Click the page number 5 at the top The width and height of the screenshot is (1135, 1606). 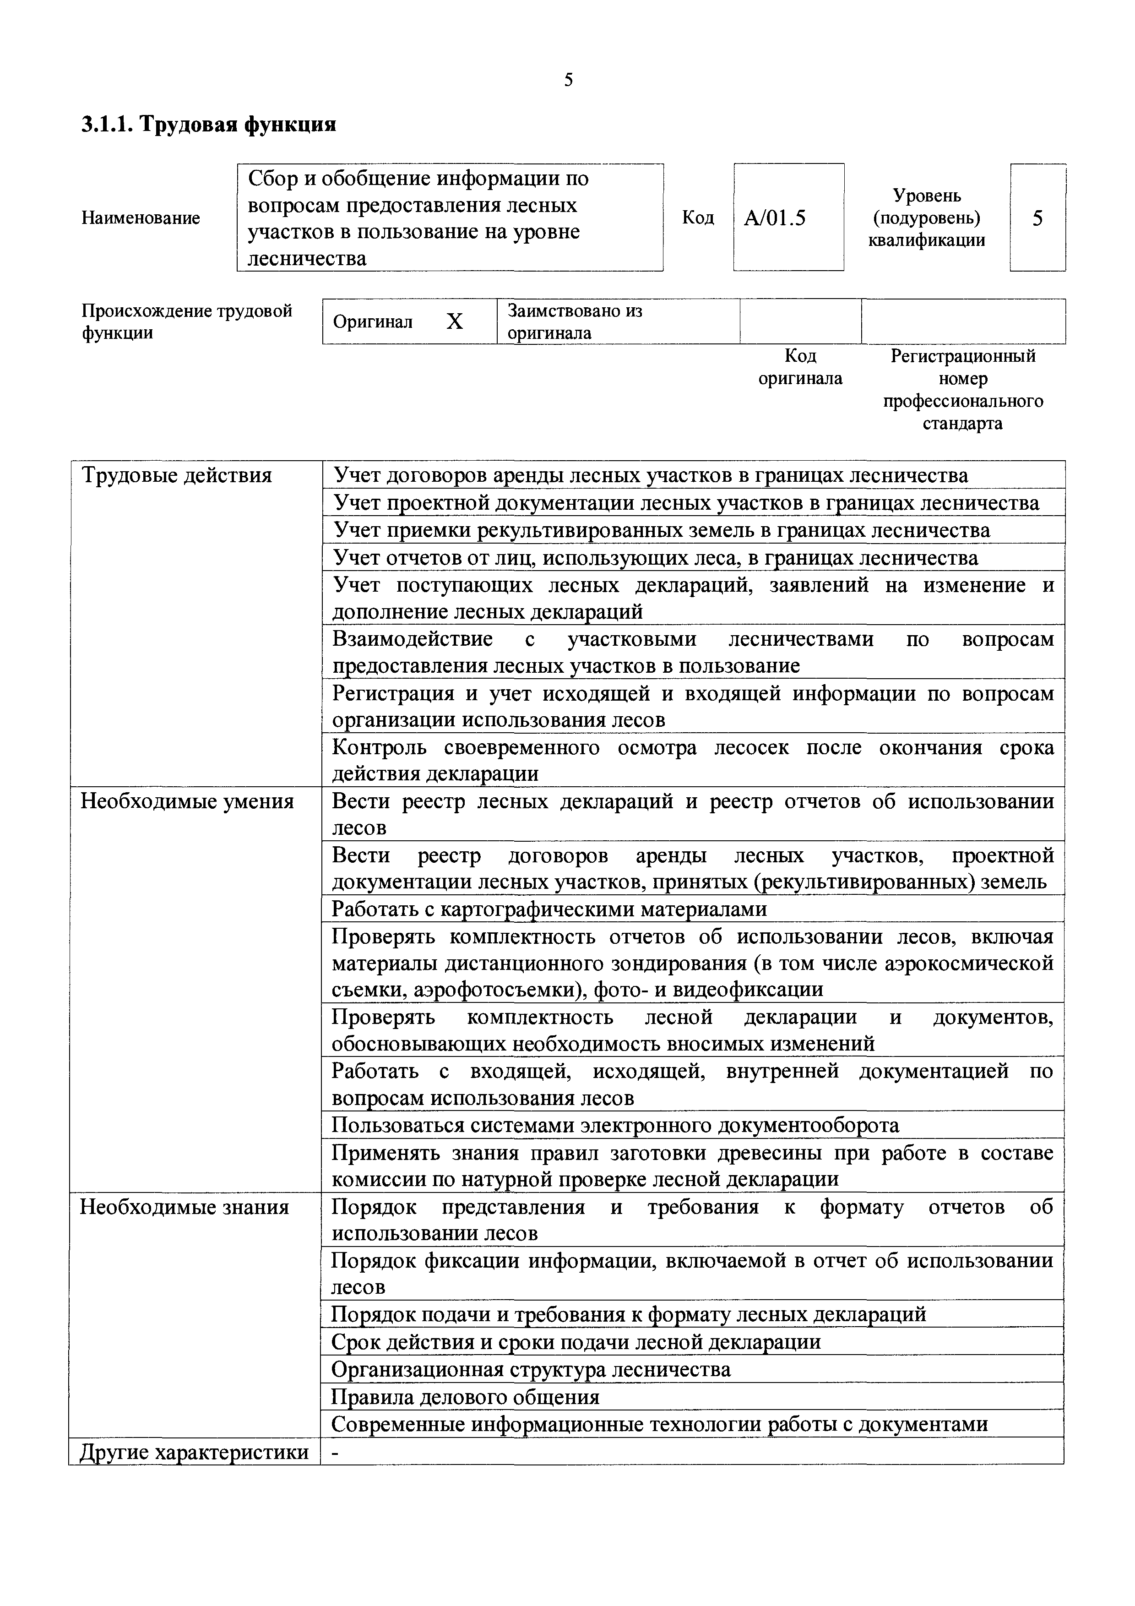[x=568, y=80]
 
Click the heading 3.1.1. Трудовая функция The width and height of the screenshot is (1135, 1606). [x=208, y=125]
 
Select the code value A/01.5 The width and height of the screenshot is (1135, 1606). [x=775, y=218]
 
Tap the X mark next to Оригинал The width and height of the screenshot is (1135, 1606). [x=455, y=321]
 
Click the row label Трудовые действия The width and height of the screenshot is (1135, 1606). [x=177, y=476]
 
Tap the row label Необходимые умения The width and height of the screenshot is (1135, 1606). [x=187, y=801]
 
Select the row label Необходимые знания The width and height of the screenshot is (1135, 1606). [x=184, y=1207]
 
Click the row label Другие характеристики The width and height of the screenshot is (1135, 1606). [x=194, y=1452]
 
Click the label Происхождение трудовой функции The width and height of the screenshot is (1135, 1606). [x=187, y=321]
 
